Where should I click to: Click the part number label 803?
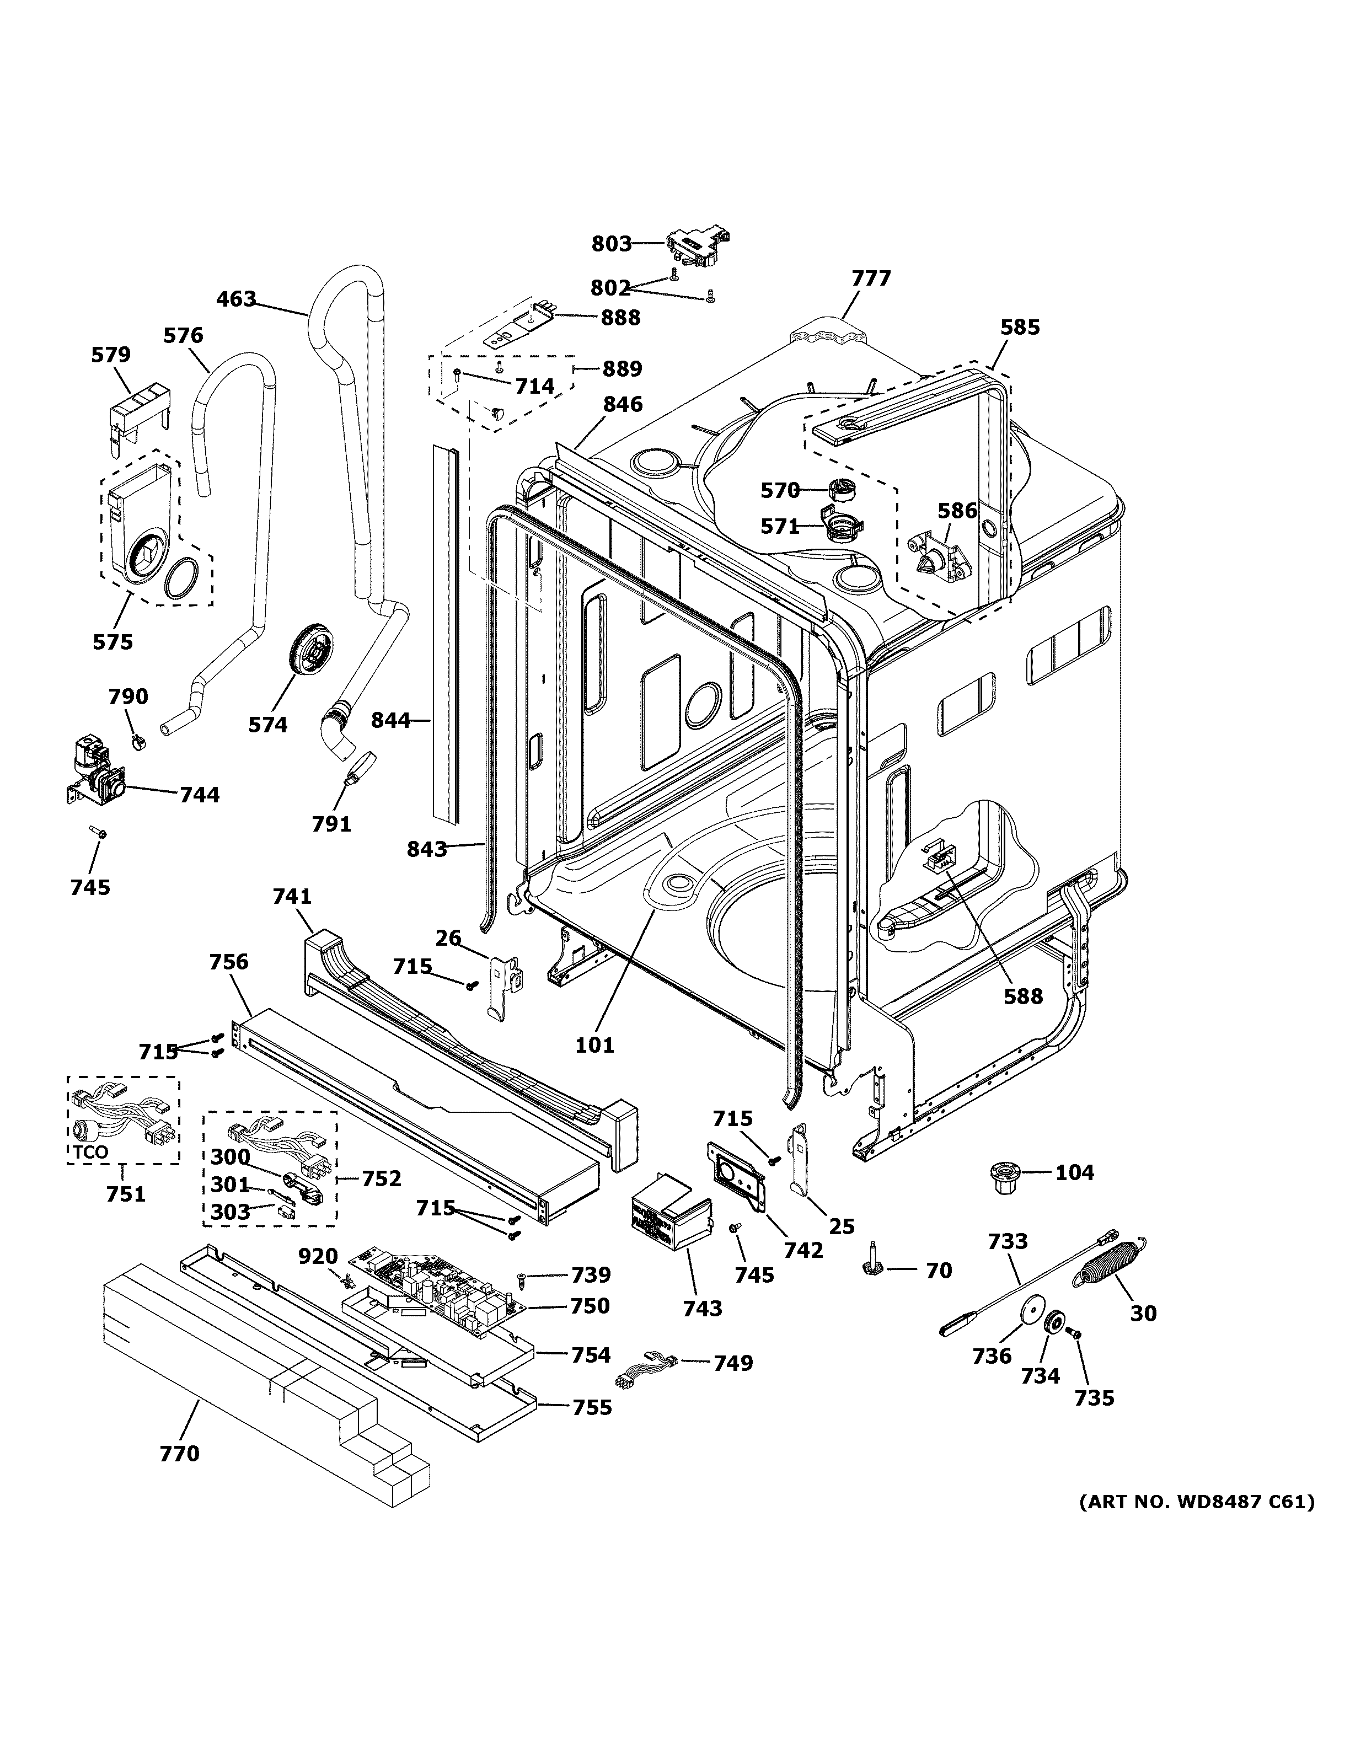point(611,244)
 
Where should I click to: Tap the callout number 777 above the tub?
point(871,278)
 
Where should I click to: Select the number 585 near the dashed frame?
point(1020,327)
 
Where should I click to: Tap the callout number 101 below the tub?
point(595,1044)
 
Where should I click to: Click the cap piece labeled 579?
point(138,410)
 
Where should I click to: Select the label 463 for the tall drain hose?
point(236,299)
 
